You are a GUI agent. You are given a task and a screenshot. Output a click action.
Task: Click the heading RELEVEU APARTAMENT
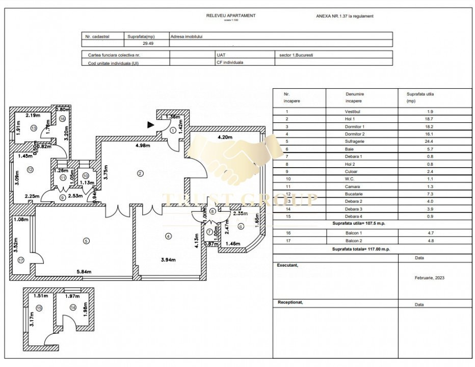point(231,15)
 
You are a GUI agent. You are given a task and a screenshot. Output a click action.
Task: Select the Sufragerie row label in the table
point(355,141)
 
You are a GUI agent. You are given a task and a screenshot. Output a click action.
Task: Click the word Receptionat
point(290,302)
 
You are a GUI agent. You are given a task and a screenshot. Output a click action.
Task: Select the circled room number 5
point(86,241)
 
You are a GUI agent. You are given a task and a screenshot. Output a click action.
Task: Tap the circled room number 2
point(140,173)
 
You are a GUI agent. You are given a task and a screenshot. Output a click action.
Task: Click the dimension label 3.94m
point(168,260)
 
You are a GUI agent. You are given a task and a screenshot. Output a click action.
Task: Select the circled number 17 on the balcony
point(21,260)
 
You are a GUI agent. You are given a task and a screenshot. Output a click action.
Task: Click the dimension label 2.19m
point(33,116)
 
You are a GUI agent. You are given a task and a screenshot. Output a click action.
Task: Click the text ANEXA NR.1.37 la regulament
point(345,16)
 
